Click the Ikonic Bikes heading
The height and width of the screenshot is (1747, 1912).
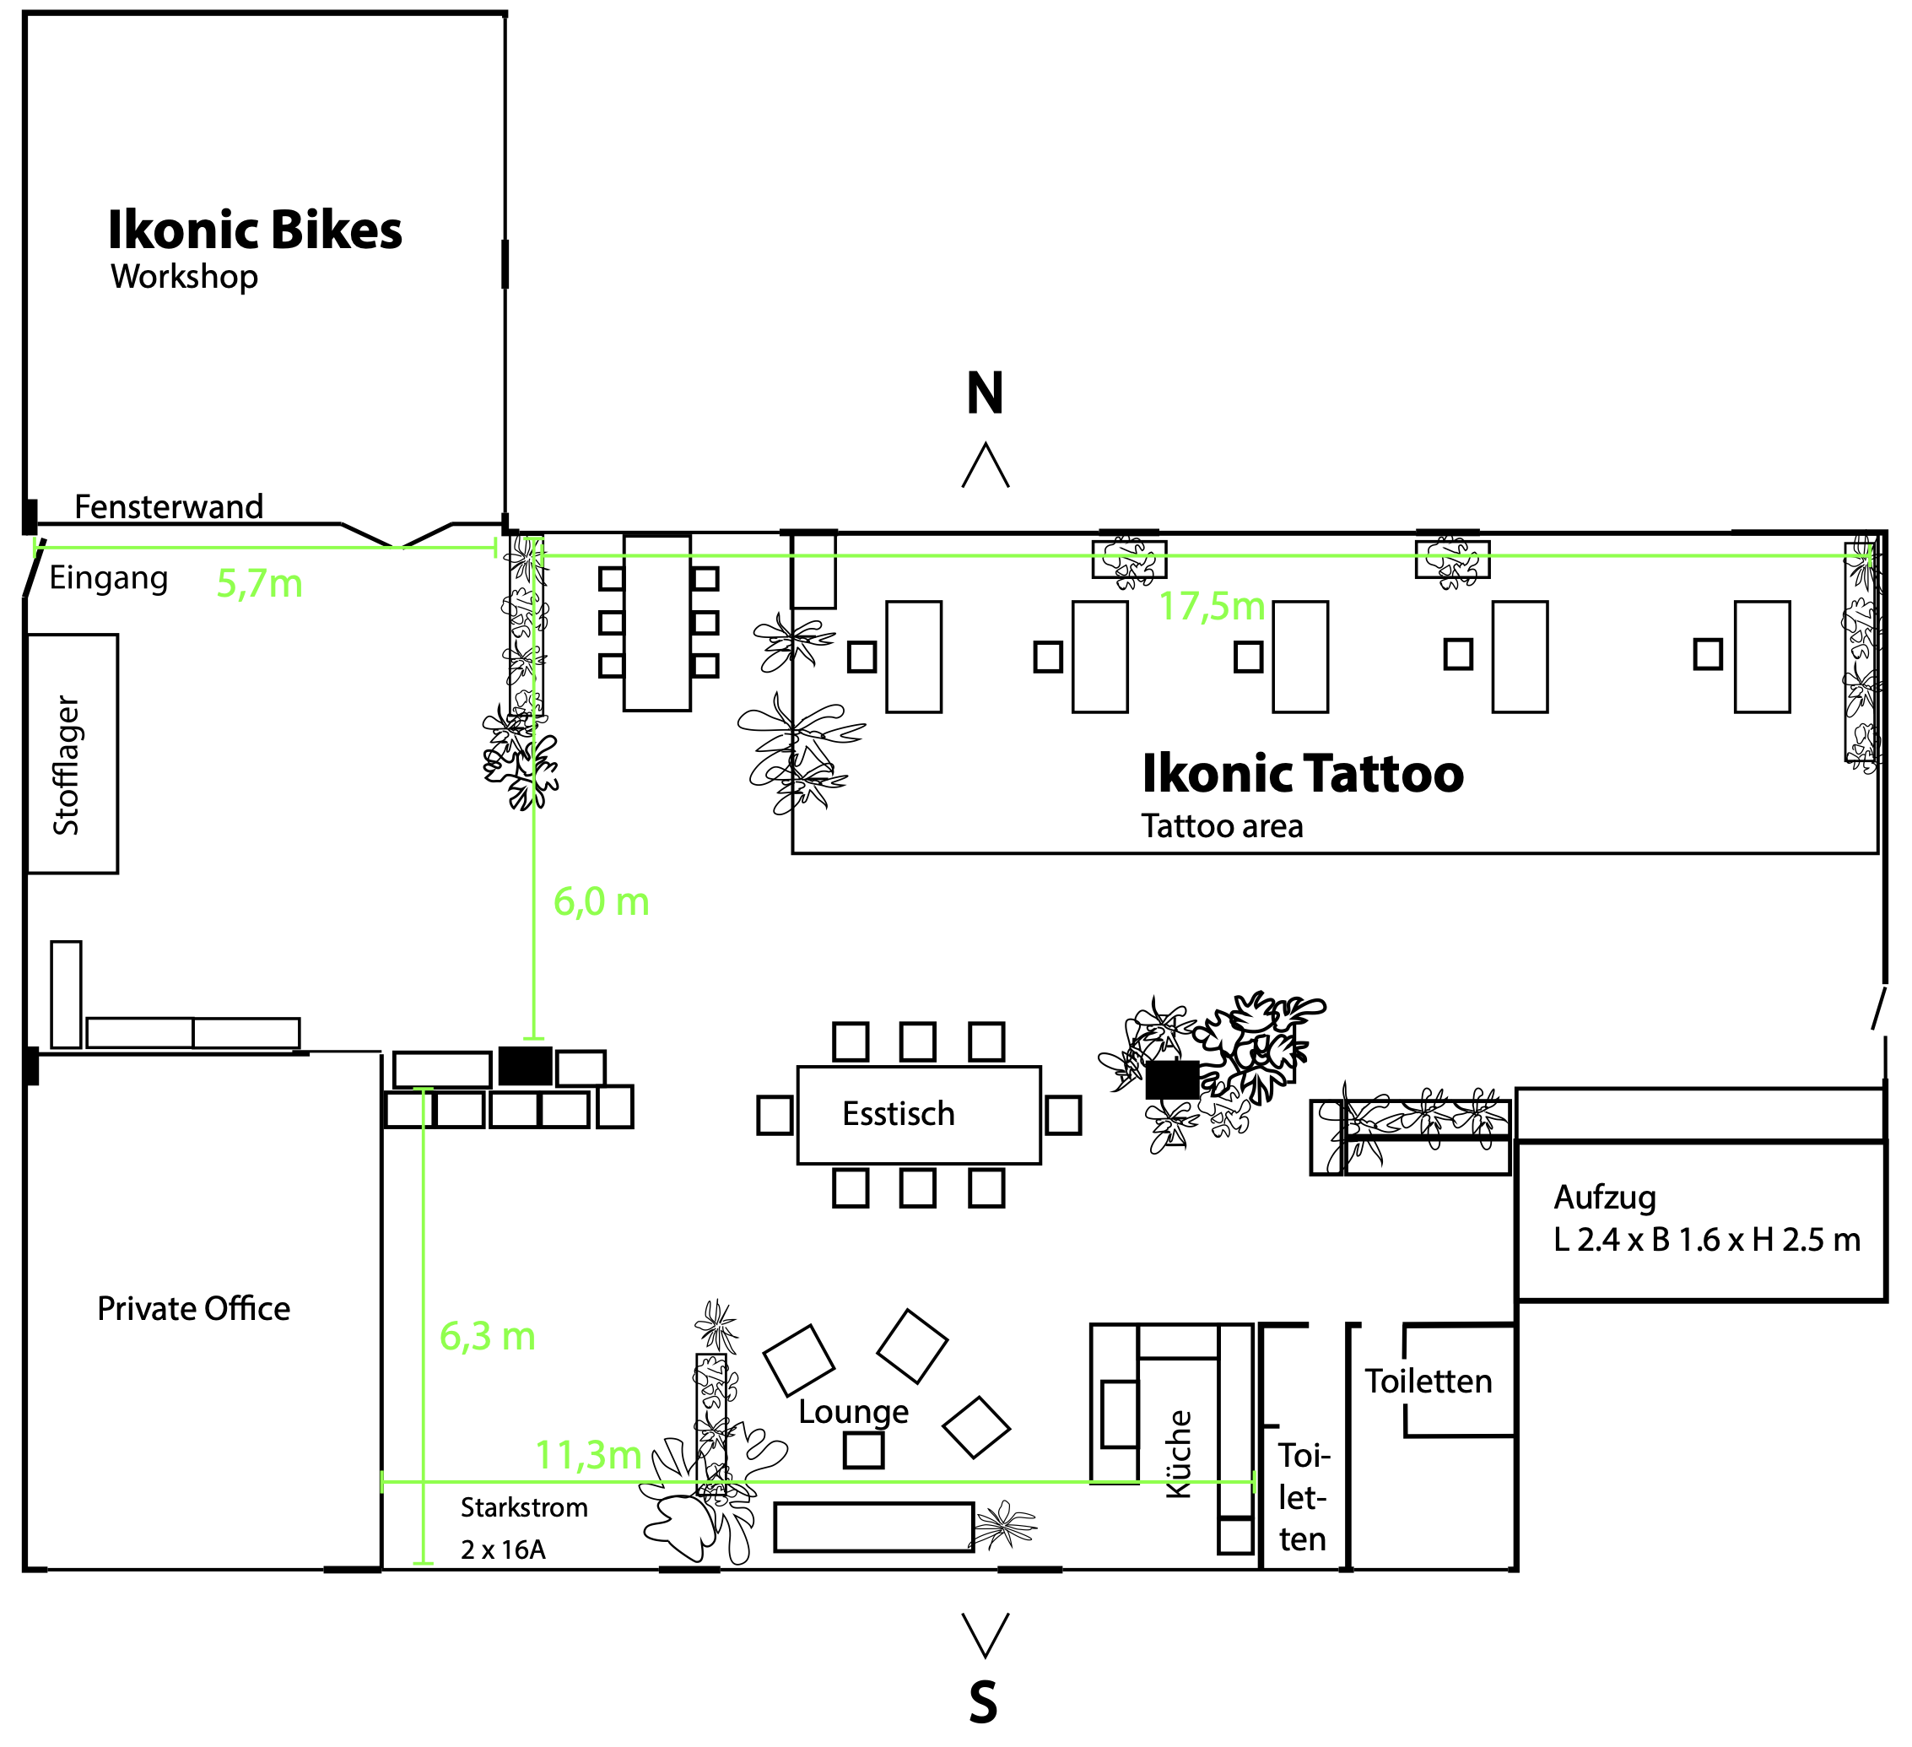click(254, 230)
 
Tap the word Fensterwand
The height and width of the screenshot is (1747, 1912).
click(169, 506)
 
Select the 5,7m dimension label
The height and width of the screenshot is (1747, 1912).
click(259, 583)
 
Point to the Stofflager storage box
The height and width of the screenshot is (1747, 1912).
click(72, 754)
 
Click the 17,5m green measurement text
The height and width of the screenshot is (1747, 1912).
click(1211, 606)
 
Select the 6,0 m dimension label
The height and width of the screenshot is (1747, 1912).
click(602, 902)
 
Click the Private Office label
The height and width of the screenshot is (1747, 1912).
click(193, 1309)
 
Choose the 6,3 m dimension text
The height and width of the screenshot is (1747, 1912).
click(488, 1338)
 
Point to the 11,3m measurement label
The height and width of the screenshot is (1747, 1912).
click(588, 1455)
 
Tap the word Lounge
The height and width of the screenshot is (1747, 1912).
click(852, 1411)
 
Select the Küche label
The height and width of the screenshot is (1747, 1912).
click(1178, 1455)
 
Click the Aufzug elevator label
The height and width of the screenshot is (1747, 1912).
click(1605, 1198)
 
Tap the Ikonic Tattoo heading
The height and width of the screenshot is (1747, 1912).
click(1302, 773)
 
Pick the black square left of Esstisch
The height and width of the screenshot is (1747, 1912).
click(526, 1066)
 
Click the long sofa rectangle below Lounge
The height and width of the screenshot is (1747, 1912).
click(873, 1527)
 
